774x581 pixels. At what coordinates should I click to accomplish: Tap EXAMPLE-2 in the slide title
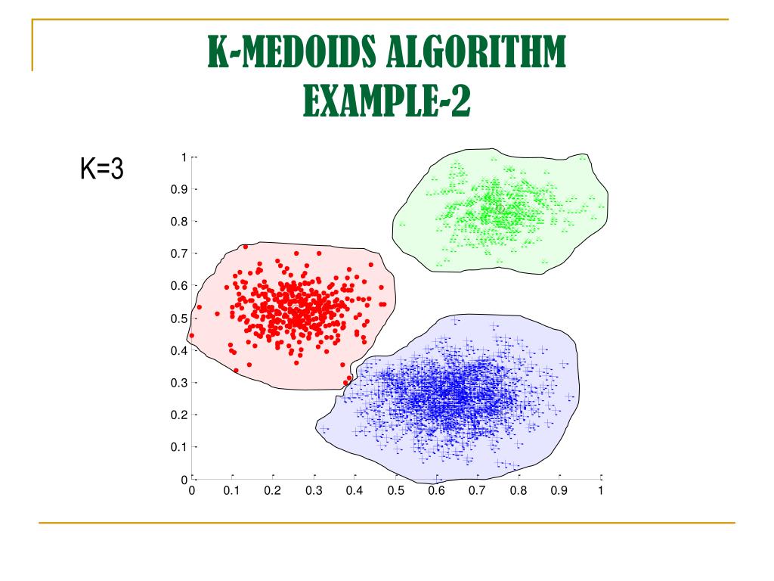[386, 100]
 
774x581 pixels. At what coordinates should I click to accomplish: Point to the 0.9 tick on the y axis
[178, 190]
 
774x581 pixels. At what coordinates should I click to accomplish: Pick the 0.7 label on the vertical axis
[178, 254]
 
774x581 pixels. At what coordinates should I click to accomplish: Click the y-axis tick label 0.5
[178, 318]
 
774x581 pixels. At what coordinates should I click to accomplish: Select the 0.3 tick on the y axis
[178, 383]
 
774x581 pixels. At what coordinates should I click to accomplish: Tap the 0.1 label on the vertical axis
[178, 447]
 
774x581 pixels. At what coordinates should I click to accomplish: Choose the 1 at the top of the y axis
[184, 157]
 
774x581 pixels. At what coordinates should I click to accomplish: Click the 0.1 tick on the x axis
[232, 491]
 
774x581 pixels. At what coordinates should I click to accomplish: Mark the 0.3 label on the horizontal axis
[314, 491]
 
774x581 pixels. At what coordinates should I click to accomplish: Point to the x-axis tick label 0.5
[395, 491]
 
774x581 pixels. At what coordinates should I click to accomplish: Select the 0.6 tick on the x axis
[436, 491]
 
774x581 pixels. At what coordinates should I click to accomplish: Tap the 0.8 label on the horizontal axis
[518, 491]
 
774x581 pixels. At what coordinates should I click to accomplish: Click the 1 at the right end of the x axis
[600, 491]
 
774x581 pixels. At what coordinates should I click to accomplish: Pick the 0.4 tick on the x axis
[354, 491]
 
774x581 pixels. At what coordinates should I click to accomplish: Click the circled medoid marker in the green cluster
[500, 208]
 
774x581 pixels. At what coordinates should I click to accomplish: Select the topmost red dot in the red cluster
[245, 247]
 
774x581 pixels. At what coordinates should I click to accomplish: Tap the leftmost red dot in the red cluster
[191, 335]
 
